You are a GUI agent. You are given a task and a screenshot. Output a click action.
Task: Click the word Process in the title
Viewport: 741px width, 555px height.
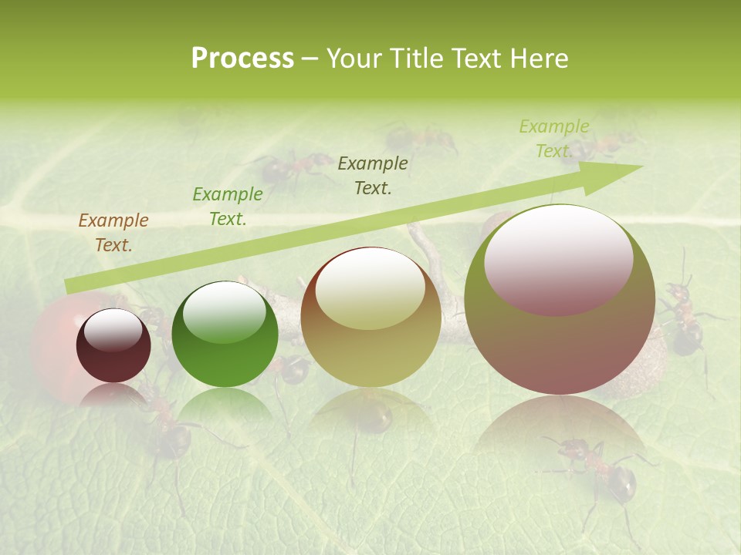242,59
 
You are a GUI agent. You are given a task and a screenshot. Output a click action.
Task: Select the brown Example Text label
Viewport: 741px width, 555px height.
113,232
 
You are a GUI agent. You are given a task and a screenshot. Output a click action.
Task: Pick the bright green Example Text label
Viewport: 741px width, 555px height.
227,207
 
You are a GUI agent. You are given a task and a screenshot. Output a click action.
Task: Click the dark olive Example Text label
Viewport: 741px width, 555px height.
372,175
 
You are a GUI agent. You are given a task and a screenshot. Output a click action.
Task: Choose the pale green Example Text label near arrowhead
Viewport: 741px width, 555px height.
553,139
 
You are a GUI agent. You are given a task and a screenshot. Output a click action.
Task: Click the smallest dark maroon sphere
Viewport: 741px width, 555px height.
113,346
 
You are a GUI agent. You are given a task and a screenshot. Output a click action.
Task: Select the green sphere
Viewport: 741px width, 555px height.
225,335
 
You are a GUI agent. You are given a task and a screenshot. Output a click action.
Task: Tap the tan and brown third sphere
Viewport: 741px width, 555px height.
370,318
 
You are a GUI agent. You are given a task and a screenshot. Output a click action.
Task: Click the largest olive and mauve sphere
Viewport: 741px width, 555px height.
560,301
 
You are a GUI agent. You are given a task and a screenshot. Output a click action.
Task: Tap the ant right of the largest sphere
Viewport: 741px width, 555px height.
683,316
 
